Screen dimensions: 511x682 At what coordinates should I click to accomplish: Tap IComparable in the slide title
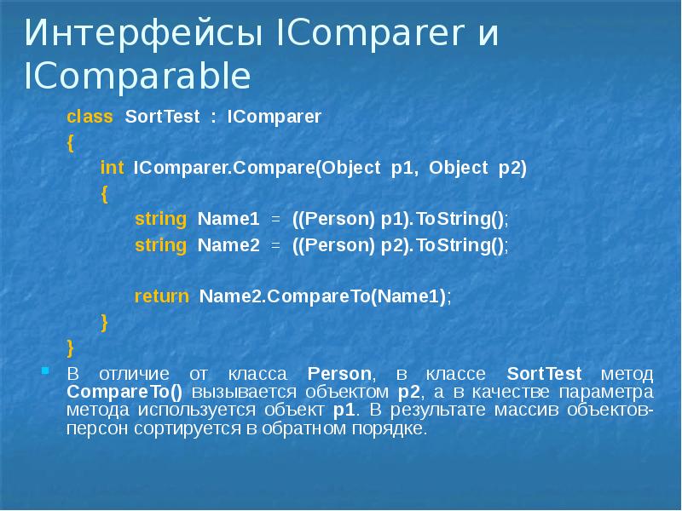coord(137,78)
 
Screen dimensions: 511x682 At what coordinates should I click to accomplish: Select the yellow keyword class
coord(90,117)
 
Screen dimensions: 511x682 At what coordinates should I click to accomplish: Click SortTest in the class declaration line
coord(162,117)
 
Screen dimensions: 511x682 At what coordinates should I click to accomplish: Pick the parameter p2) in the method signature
coord(512,168)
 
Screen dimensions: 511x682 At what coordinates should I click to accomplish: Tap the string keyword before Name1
coord(160,219)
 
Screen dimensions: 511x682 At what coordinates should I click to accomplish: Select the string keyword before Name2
coord(160,245)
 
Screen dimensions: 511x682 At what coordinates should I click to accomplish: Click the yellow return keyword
coord(161,296)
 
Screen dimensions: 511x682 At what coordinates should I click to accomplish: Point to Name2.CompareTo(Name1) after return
coord(323,296)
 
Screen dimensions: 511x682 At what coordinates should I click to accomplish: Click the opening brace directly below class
coord(71,142)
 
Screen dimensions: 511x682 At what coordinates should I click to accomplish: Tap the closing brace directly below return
coord(104,322)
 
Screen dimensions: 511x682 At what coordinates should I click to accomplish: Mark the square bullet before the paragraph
coord(45,371)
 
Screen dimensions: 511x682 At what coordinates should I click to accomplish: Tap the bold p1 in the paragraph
coord(345,410)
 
